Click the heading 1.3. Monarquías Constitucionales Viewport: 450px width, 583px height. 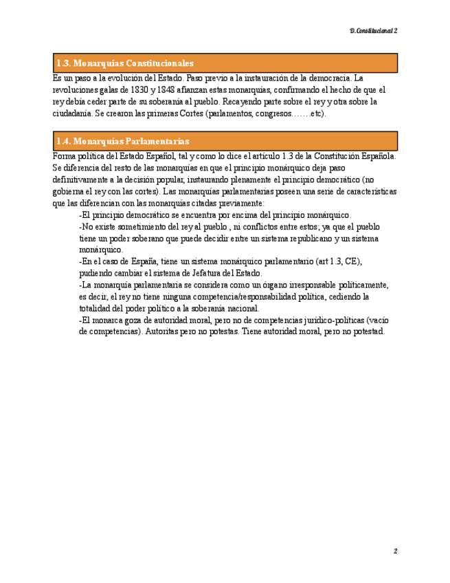[125, 63]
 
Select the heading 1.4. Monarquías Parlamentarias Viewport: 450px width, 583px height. [123, 141]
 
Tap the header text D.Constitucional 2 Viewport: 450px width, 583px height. [373, 31]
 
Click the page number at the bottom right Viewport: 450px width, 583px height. [396, 551]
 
